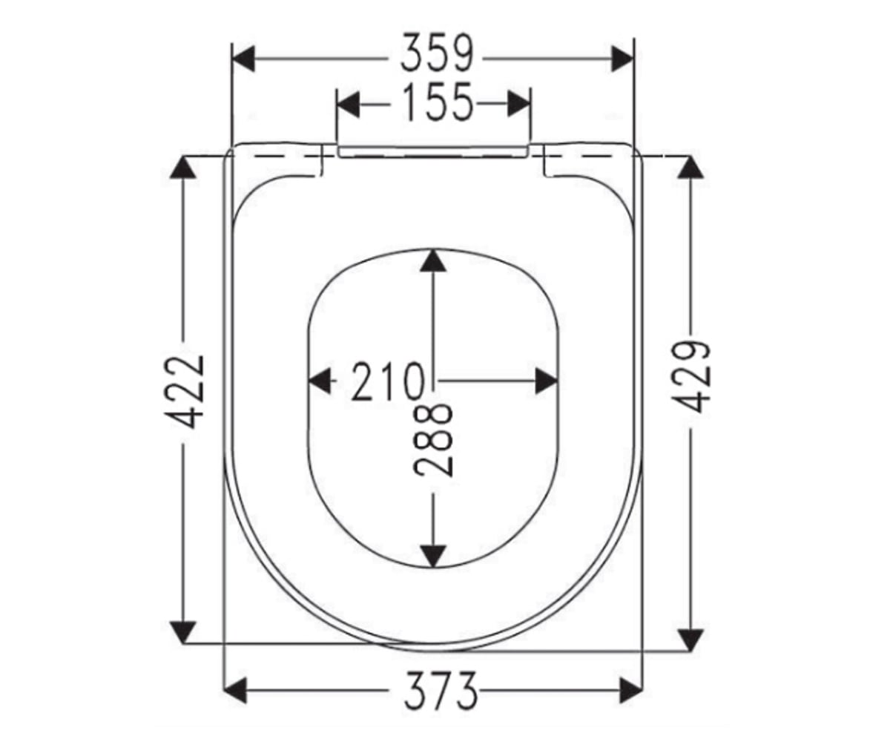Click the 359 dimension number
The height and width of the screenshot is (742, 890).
point(437,53)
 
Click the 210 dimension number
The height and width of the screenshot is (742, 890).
point(388,381)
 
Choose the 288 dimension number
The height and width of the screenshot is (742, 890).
point(432,441)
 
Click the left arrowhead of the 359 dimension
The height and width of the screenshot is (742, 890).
point(243,59)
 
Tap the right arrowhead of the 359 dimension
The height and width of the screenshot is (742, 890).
point(622,59)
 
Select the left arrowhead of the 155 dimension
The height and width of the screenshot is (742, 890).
point(347,104)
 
